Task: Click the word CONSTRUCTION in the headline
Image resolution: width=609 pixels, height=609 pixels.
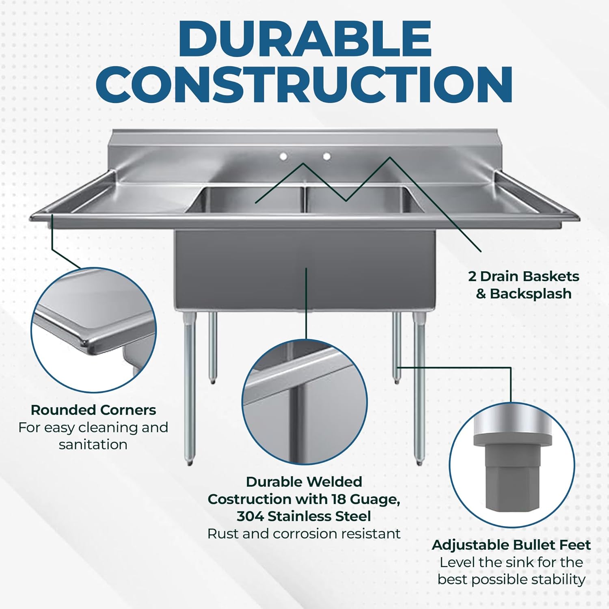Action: [x=304, y=84]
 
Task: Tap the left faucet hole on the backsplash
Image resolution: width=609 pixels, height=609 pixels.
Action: [x=283, y=156]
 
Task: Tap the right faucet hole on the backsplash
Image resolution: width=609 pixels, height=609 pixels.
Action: [x=326, y=156]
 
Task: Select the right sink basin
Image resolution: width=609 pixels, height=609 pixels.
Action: [x=361, y=201]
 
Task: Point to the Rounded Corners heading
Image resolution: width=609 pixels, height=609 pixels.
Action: [x=93, y=410]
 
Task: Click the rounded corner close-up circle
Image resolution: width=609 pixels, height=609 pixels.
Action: [x=93, y=330]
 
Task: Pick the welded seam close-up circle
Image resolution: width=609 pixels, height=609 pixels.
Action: [x=304, y=402]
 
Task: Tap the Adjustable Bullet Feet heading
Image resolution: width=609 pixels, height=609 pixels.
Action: [x=511, y=545]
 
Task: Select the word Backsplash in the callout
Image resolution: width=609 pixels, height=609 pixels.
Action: [x=531, y=294]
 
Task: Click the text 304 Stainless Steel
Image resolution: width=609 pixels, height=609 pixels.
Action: [x=304, y=516]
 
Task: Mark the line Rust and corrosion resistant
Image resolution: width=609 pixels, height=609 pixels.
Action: [x=304, y=534]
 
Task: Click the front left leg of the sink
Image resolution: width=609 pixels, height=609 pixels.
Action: [x=189, y=390]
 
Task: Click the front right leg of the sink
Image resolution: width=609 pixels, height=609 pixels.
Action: [x=419, y=390]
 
